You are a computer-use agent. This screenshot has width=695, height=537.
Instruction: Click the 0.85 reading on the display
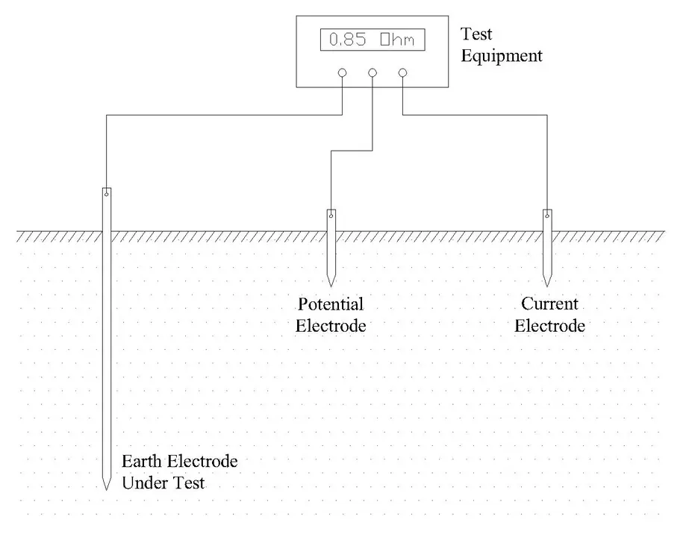point(347,40)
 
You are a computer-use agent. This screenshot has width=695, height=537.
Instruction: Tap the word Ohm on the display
point(396,40)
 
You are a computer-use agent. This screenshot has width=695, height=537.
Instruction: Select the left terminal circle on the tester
point(342,73)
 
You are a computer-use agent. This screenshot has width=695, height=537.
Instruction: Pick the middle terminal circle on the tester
point(373,73)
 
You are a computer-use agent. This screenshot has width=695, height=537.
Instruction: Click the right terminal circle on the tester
point(403,73)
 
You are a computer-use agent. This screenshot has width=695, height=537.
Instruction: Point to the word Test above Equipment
point(476,34)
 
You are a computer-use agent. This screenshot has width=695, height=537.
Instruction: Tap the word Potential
point(331,304)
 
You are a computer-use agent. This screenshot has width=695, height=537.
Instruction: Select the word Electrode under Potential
point(331,326)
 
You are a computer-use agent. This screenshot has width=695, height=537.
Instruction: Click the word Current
point(549,304)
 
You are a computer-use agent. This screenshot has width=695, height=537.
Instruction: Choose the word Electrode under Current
point(549,326)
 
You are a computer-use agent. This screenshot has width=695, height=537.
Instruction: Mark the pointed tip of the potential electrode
point(331,284)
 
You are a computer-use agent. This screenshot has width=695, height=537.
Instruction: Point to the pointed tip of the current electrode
point(547,284)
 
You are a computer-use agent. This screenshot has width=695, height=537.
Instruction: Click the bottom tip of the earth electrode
point(107,489)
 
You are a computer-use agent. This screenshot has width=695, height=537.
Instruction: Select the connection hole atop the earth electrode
point(107,194)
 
